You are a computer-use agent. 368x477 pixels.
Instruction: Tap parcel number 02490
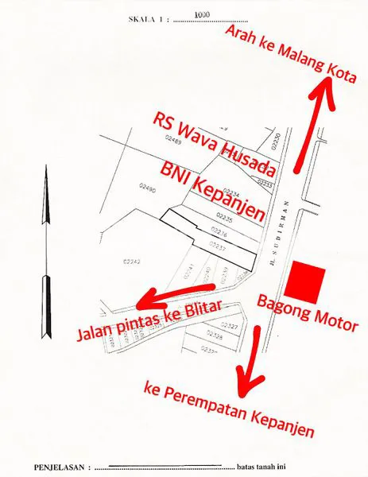[146, 188]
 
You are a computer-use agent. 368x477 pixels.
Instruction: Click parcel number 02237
[218, 247]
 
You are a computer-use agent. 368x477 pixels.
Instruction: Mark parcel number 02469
[172, 140]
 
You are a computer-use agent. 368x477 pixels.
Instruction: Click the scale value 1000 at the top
[200, 14]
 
